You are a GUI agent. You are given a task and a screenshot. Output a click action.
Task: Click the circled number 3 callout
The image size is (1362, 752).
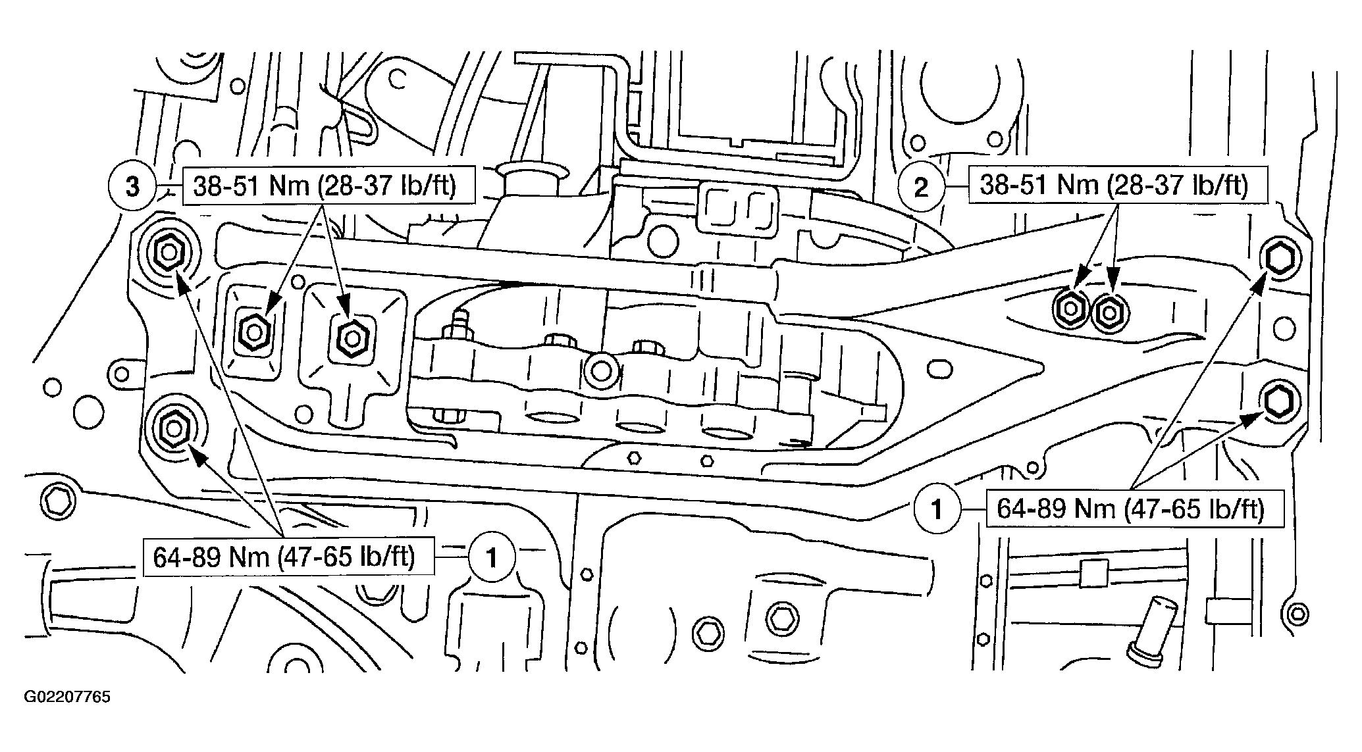point(133,188)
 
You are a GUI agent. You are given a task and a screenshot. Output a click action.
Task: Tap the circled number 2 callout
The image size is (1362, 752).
point(922,188)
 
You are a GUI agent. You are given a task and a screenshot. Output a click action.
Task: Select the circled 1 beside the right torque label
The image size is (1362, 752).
point(937,509)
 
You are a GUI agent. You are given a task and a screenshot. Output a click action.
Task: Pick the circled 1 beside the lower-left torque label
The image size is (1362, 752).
point(491,558)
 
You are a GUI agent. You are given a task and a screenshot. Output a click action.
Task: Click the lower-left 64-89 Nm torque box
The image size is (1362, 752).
point(288,558)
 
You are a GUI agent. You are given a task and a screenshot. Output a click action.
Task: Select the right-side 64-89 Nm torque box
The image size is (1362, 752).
point(1134,508)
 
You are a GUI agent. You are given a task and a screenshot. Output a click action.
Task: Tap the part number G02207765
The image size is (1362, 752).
point(67,697)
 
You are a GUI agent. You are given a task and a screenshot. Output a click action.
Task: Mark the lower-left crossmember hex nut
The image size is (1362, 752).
point(173,428)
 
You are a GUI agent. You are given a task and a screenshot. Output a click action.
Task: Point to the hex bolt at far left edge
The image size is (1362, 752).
point(55,503)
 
